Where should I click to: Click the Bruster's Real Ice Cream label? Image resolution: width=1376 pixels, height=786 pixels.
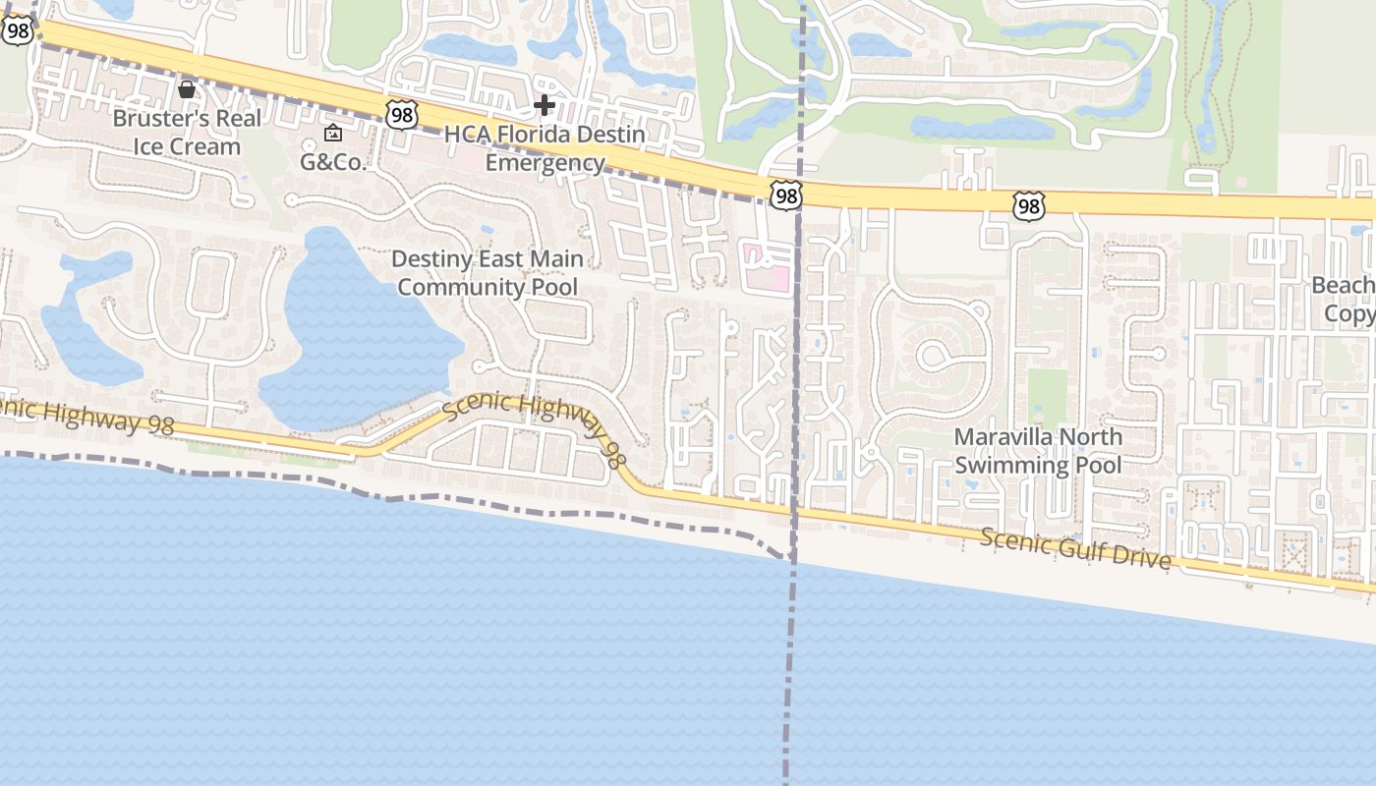pos(187,133)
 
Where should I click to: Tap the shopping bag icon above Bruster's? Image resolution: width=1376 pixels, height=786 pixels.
pos(187,89)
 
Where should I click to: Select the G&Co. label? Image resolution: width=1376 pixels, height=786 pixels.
pos(333,162)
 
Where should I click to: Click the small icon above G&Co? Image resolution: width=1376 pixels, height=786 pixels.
pos(333,133)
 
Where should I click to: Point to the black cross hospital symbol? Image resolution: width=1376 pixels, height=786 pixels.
pos(545,104)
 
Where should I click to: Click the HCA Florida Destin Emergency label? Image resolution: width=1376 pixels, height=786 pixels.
pos(545,148)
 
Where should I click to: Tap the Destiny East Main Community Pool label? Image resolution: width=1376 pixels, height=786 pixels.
pos(488,273)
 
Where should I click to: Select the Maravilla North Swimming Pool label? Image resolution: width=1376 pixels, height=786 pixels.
pos(1038,450)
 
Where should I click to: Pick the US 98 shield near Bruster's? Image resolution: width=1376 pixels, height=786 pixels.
pos(401,115)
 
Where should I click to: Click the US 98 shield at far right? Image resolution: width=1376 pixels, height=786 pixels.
pos(1028,206)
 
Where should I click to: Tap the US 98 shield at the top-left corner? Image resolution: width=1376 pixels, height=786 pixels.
pos(18,30)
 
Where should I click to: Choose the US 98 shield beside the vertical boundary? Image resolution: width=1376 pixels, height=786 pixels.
pos(785,196)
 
